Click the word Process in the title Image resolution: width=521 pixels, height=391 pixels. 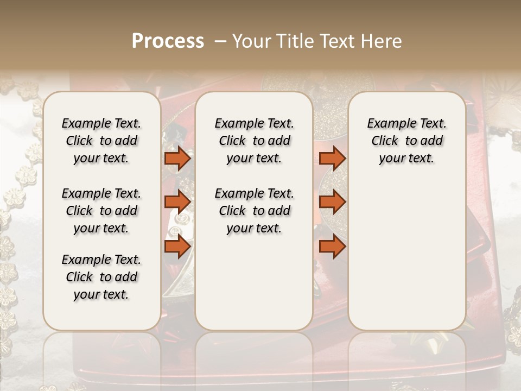point(168,41)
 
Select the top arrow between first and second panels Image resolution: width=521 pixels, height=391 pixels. point(177,158)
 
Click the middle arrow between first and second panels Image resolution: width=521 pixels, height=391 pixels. point(177,202)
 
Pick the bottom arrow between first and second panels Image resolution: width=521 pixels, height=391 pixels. point(177,247)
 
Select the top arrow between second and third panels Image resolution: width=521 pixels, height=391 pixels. point(332,158)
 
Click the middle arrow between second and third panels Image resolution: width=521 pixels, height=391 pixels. point(332,202)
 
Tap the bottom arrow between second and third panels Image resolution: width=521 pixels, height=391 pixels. point(332,247)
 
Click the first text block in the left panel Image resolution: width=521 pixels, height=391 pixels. point(101,141)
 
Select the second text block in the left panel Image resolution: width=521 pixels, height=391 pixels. point(101,211)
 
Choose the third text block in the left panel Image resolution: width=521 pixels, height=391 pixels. point(101,277)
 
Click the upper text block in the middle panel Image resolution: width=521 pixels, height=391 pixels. point(254,141)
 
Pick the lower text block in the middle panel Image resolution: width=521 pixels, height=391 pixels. point(254,211)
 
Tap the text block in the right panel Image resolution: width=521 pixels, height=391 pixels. point(406,141)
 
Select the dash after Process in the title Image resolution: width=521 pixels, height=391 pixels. point(220,41)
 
